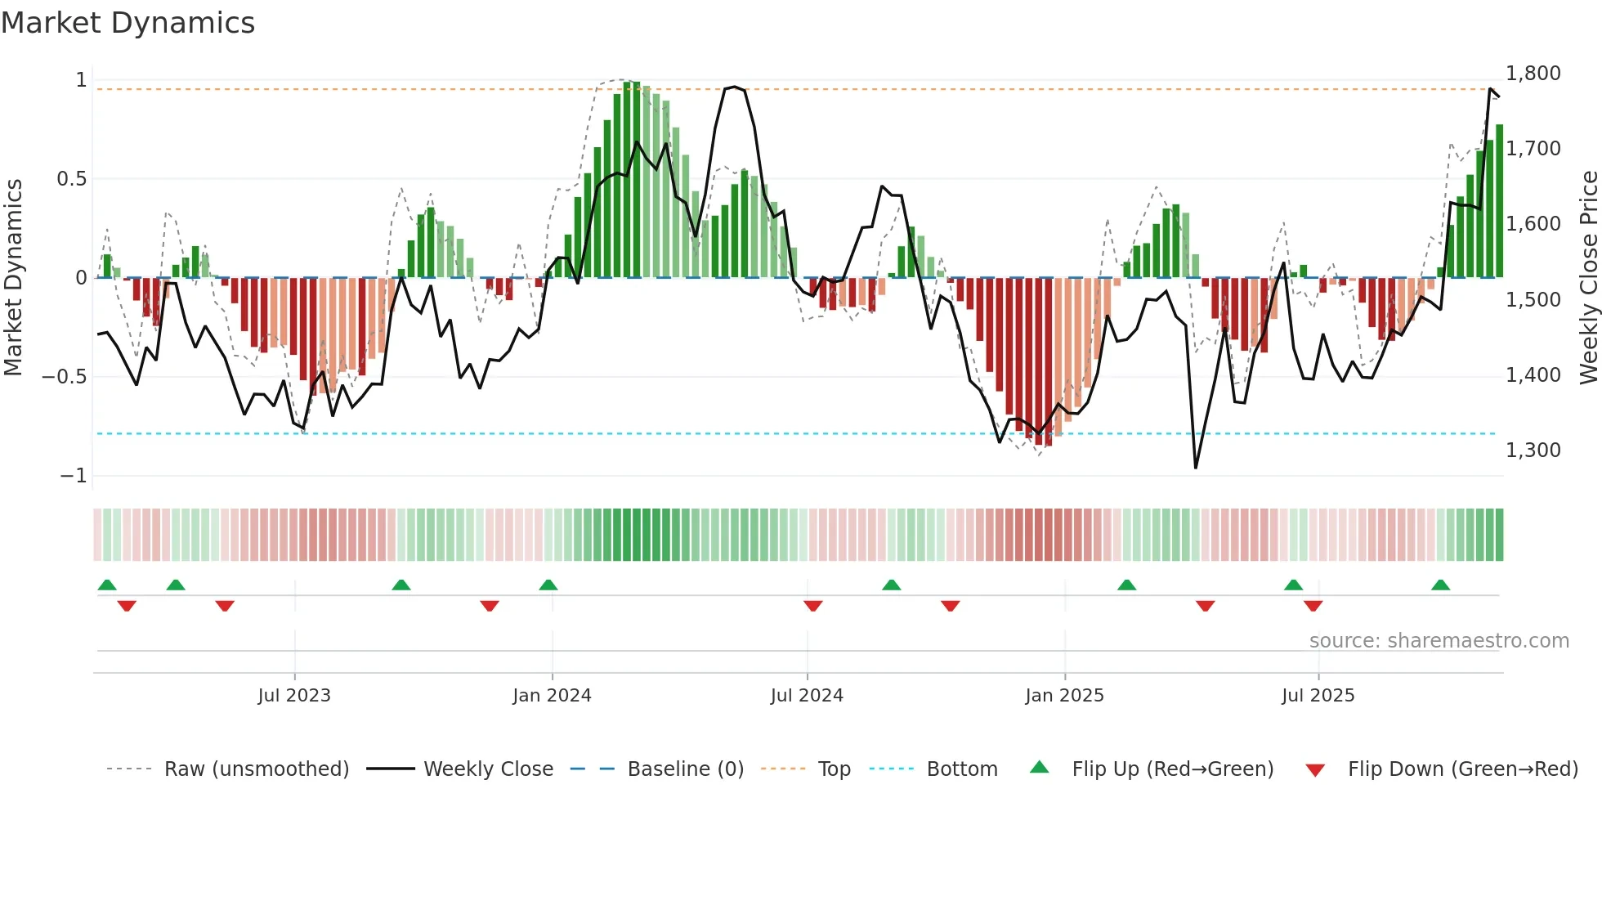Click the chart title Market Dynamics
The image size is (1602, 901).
[128, 23]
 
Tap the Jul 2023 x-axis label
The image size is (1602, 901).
[294, 696]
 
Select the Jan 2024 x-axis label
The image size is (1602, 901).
[552, 696]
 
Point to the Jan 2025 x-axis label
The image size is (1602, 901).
[1064, 696]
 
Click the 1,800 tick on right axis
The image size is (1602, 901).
[1533, 74]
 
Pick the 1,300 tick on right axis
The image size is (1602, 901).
[1533, 450]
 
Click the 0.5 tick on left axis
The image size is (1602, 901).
[71, 179]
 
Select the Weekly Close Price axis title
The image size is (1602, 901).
[1588, 278]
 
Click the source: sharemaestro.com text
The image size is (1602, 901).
[1439, 641]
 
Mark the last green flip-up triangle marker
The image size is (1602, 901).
[1440, 585]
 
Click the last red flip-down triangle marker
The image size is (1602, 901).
[1313, 606]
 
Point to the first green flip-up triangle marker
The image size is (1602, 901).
[107, 585]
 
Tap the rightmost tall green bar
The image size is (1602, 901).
[1499, 201]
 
